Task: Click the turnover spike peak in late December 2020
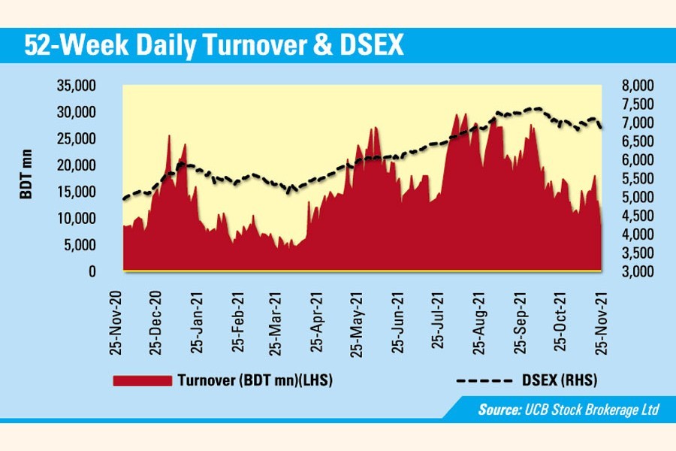[169, 136]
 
